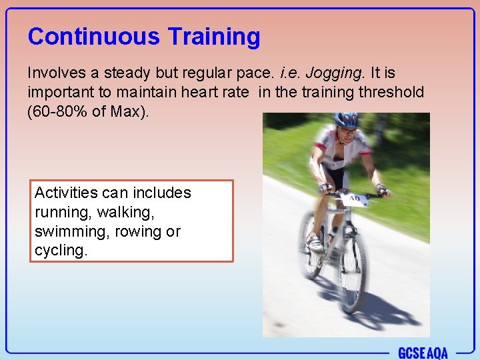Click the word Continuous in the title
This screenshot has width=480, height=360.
click(93, 37)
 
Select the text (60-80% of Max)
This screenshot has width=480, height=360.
click(88, 111)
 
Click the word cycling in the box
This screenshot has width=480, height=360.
click(61, 251)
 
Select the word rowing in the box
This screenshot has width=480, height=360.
click(139, 232)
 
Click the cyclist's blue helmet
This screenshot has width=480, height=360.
click(346, 120)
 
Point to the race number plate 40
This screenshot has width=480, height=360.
click(355, 199)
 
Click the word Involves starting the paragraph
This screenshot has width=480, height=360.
click(54, 72)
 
